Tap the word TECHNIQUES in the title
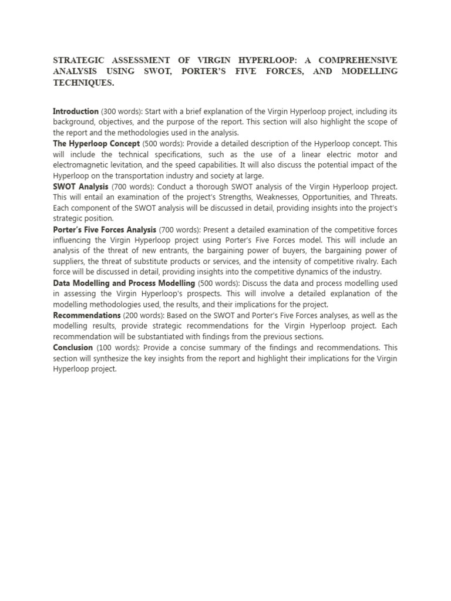coord(83,83)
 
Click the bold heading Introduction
coord(76,112)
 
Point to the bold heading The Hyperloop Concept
coord(96,144)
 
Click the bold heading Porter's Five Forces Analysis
coord(105,229)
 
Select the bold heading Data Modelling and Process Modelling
coord(124,283)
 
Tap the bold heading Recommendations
coord(87,315)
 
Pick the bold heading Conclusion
coord(73,347)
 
